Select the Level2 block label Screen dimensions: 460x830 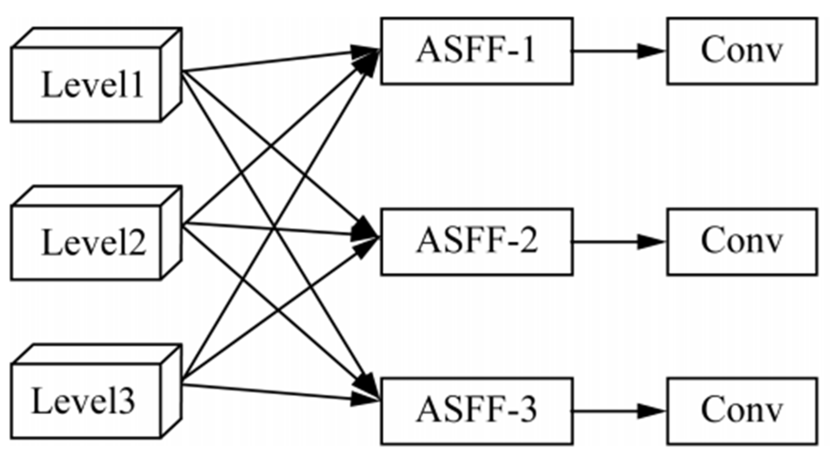[x=94, y=243]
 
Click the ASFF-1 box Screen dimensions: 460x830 [x=476, y=51]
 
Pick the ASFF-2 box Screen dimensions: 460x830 [x=476, y=242]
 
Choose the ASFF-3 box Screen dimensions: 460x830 [x=476, y=411]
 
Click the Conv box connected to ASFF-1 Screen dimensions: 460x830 [x=742, y=51]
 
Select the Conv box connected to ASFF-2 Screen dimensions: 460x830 [x=742, y=242]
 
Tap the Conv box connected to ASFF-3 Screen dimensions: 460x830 [x=742, y=411]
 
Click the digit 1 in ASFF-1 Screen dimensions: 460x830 [x=527, y=50]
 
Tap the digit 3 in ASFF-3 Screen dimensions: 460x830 [x=527, y=410]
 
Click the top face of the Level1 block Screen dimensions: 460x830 [x=97, y=38]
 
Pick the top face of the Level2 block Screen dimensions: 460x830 [x=97, y=196]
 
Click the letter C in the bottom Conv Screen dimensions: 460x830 [x=713, y=410]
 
